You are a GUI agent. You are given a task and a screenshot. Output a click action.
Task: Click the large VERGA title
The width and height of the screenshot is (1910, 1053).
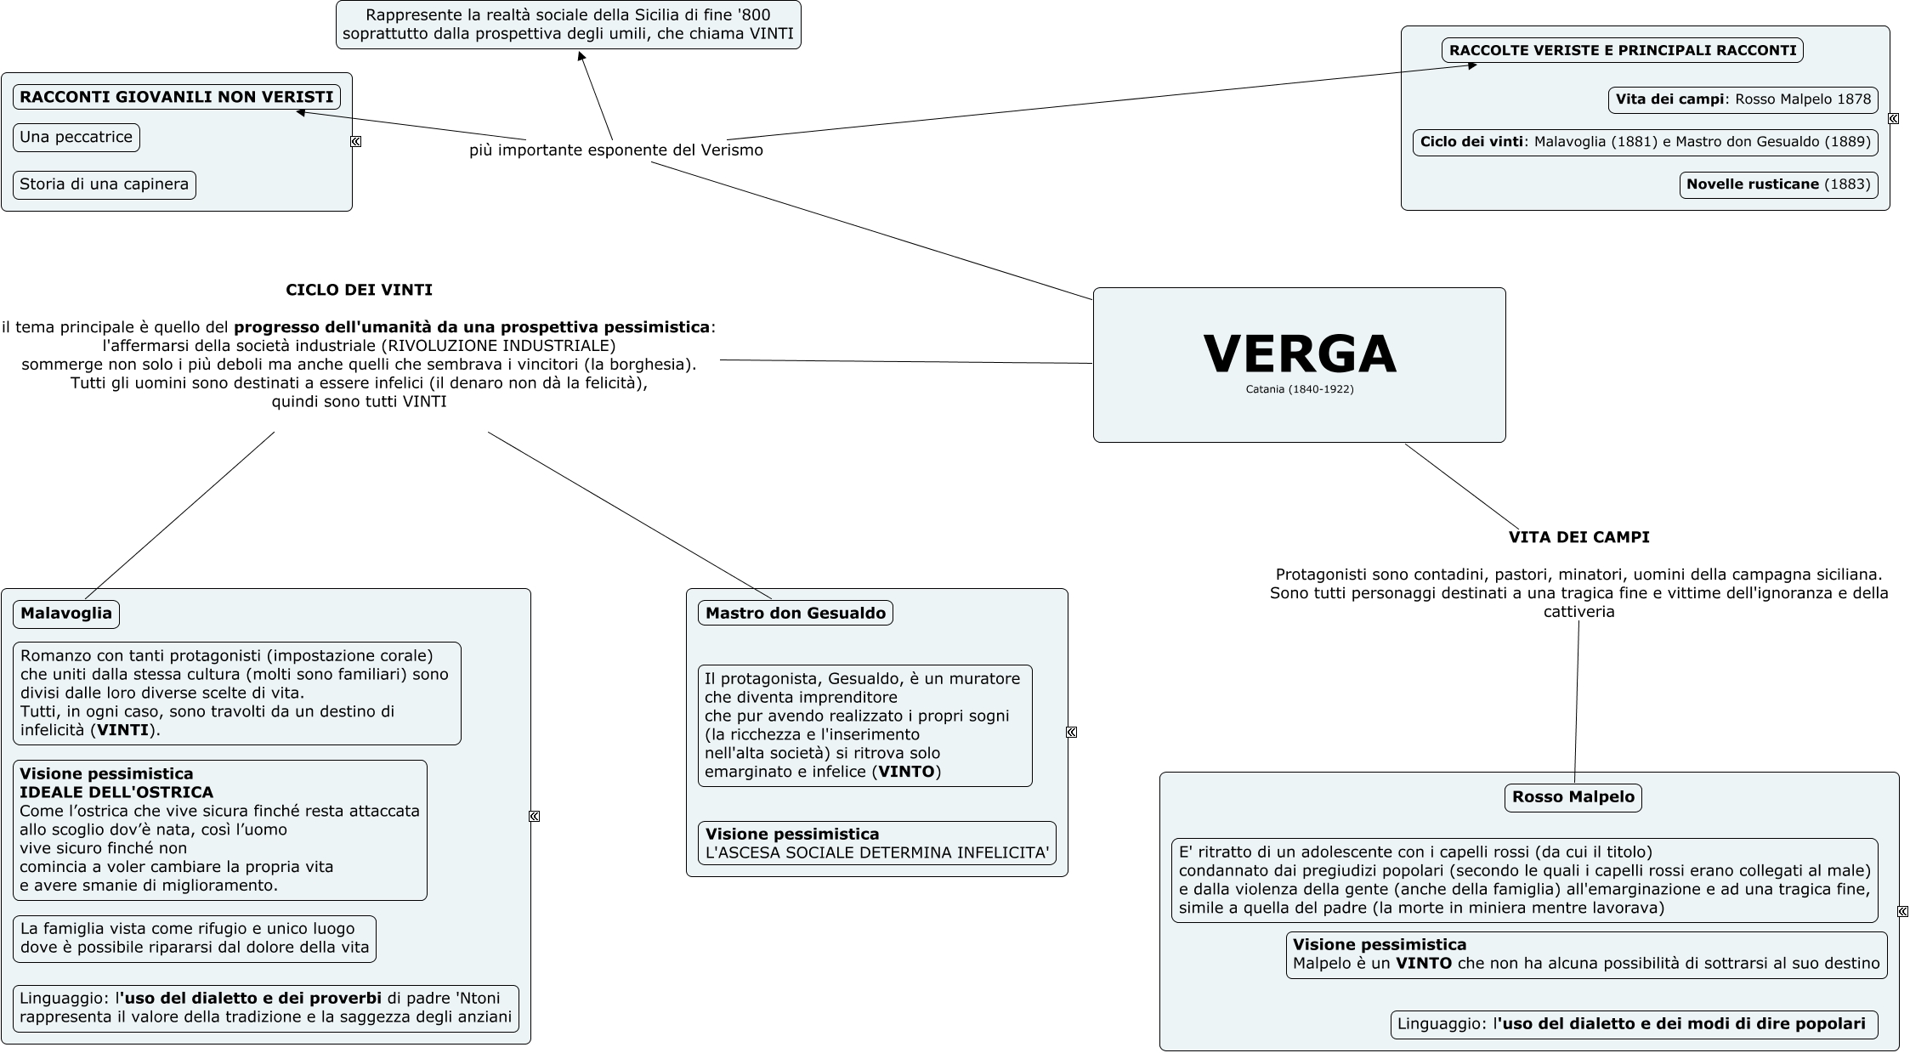click(1300, 354)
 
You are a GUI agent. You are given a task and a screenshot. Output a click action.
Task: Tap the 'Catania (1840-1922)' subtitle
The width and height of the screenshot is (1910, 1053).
click(1300, 389)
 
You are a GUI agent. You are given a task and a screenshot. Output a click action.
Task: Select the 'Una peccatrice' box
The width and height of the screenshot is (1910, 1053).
click(77, 138)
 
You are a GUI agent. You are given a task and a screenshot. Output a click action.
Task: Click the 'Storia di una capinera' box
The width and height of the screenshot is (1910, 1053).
click(105, 185)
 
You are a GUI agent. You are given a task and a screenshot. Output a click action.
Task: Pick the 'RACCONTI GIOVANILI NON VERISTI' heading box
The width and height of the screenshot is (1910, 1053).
click(177, 97)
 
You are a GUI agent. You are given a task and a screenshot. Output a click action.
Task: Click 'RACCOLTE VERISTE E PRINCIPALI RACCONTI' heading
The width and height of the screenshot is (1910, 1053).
click(1623, 50)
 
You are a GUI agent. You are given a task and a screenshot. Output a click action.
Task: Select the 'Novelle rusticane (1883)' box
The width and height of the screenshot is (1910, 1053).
click(1779, 184)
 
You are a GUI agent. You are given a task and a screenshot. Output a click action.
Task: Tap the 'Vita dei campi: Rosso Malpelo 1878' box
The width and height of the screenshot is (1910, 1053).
click(1743, 99)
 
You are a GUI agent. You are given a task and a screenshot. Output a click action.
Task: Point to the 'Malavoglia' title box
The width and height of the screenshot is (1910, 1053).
click(66, 614)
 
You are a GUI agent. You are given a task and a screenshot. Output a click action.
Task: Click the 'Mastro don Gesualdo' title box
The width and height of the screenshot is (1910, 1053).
click(796, 613)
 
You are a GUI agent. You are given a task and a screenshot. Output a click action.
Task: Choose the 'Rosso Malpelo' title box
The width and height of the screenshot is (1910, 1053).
click(1573, 797)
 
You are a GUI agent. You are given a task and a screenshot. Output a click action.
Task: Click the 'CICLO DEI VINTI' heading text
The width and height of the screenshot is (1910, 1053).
click(360, 290)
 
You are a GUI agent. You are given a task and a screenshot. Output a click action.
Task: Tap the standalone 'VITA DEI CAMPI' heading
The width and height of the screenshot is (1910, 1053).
click(1579, 537)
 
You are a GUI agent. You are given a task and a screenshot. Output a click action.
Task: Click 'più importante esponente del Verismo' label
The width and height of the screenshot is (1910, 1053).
click(616, 150)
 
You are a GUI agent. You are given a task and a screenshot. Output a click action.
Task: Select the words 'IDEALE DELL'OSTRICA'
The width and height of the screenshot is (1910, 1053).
click(116, 792)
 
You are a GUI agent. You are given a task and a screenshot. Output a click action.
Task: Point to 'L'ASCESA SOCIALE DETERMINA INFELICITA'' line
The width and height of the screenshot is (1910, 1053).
click(877, 852)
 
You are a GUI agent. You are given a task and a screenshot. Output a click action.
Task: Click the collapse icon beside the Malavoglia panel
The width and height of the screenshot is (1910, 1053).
click(534, 816)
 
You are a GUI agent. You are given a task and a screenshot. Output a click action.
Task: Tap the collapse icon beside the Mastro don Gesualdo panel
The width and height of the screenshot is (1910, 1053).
click(1071, 732)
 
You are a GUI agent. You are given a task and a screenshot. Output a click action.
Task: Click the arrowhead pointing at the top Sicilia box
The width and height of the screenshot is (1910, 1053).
click(581, 56)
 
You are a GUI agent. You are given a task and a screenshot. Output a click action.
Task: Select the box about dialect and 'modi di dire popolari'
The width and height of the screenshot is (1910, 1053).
click(1633, 1024)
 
